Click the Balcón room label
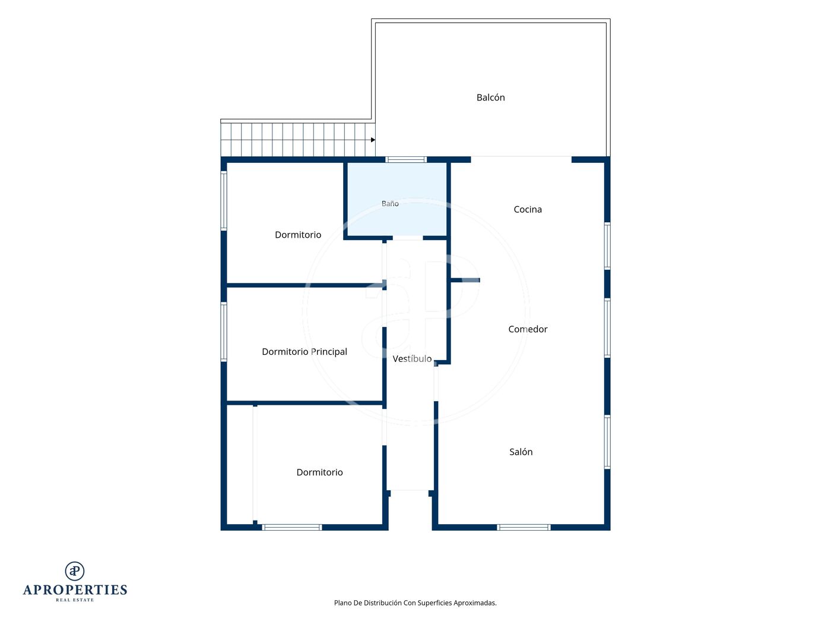tap(490, 97)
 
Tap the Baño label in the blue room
tap(390, 203)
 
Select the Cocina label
tap(527, 209)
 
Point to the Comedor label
tap(527, 329)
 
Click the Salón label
tap(521, 452)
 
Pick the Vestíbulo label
tap(412, 358)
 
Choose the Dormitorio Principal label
tap(305, 352)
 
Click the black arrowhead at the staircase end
tap(373, 140)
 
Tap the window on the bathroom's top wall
tap(406, 159)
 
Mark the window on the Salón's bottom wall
tap(524, 527)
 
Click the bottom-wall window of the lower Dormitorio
tap(292, 527)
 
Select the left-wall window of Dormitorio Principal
tap(224, 332)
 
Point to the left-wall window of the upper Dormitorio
tap(224, 201)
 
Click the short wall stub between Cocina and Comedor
tap(465, 280)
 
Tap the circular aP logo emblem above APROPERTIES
tap(75, 571)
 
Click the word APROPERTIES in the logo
tap(75, 590)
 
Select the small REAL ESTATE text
tap(75, 600)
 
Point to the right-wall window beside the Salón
tap(607, 442)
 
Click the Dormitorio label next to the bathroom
tap(298, 235)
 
